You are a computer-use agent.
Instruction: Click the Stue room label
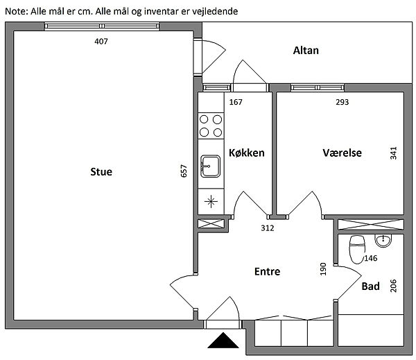click(101, 172)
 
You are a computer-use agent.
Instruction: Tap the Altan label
click(306, 51)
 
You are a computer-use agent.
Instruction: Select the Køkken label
click(246, 153)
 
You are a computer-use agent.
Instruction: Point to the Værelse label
click(342, 153)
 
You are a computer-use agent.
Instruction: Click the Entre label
click(267, 271)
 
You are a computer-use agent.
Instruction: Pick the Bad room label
click(371, 286)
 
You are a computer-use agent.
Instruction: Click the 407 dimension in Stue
click(101, 42)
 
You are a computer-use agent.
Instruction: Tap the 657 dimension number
click(184, 171)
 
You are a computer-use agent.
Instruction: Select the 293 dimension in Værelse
click(343, 102)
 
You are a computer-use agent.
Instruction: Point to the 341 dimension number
click(393, 153)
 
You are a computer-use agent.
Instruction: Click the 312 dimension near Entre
click(268, 228)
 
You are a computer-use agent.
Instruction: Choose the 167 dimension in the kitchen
click(236, 102)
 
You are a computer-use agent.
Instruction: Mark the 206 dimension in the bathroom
click(393, 286)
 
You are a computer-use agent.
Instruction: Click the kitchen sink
click(210, 166)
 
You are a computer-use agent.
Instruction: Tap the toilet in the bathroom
click(357, 249)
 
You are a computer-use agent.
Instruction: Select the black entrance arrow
click(223, 340)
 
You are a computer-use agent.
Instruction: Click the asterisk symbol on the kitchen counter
click(211, 202)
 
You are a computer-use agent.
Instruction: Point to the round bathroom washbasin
click(383, 241)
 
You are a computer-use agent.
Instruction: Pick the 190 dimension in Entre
click(323, 269)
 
